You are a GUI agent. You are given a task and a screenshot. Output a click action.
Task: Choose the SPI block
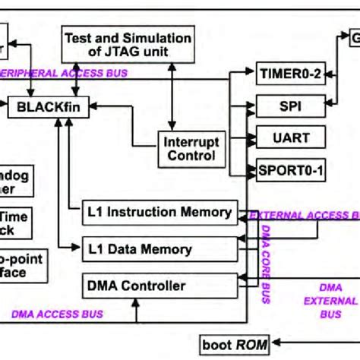(290, 103)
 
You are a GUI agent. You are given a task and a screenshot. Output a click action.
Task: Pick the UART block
(290, 137)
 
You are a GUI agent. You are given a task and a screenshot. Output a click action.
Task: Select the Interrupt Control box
(188, 148)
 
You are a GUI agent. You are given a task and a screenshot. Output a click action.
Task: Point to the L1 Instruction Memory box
(159, 213)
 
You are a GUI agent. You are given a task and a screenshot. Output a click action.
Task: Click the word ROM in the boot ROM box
(251, 345)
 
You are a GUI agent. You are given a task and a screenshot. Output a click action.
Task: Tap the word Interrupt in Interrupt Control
(188, 141)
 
